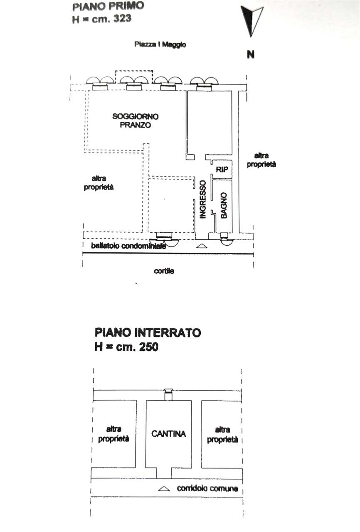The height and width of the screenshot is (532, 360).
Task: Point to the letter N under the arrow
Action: [250, 54]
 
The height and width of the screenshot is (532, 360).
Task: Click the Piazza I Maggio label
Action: [160, 44]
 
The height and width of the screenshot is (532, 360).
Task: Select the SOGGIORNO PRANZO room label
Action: [130, 121]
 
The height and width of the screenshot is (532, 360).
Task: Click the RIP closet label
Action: [221, 169]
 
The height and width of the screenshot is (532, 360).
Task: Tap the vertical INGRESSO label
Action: [203, 199]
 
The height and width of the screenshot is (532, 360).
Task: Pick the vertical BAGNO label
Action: [224, 205]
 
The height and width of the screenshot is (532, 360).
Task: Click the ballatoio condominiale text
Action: [129, 246]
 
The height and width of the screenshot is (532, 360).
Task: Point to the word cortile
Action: [164, 271]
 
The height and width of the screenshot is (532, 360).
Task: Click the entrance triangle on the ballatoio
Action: [201, 246]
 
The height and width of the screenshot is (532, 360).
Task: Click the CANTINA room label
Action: [168, 434]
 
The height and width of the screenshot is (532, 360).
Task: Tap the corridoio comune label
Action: [207, 489]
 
